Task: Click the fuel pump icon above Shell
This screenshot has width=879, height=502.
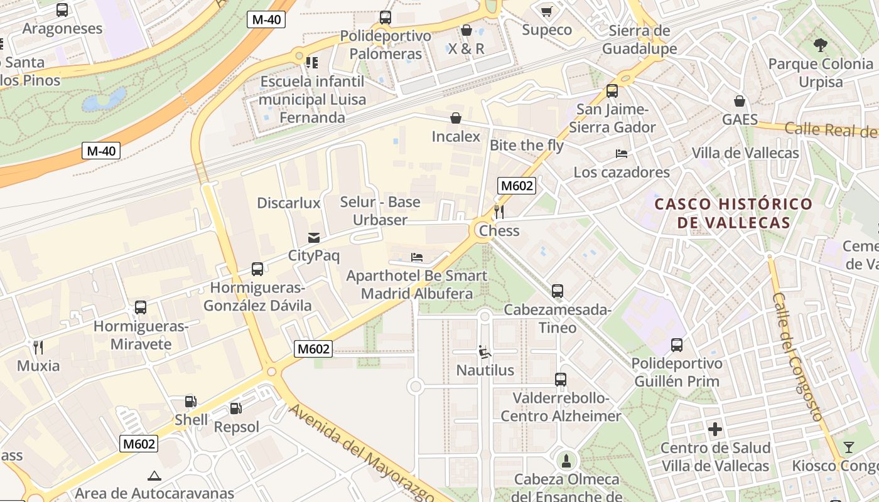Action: pos(190,402)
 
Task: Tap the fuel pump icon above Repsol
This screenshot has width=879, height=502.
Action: pos(235,409)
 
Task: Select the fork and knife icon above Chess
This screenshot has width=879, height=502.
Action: pos(499,211)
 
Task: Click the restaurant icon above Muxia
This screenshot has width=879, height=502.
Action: pos(38,347)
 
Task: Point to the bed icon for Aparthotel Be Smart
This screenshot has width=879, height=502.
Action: pos(417,257)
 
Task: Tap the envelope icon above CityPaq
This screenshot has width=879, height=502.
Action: pos(313,238)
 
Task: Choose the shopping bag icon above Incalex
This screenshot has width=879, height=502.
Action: pos(456,118)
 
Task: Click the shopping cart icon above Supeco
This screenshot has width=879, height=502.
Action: pos(547,11)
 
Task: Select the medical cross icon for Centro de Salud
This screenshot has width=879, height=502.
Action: pos(715,430)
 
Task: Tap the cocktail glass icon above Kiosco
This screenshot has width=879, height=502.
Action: pos(849,447)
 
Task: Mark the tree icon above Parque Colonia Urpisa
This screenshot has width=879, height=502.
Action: pos(820,45)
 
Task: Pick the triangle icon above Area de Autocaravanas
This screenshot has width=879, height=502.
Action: pos(154,476)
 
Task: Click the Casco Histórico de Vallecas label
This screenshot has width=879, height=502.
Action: pos(733,213)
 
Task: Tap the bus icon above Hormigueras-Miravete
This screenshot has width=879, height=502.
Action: pos(141,308)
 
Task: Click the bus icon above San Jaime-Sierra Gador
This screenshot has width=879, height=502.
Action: pos(612,91)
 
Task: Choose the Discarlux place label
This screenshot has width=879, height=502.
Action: pos(289,203)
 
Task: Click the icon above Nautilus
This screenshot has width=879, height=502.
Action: pos(485,352)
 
